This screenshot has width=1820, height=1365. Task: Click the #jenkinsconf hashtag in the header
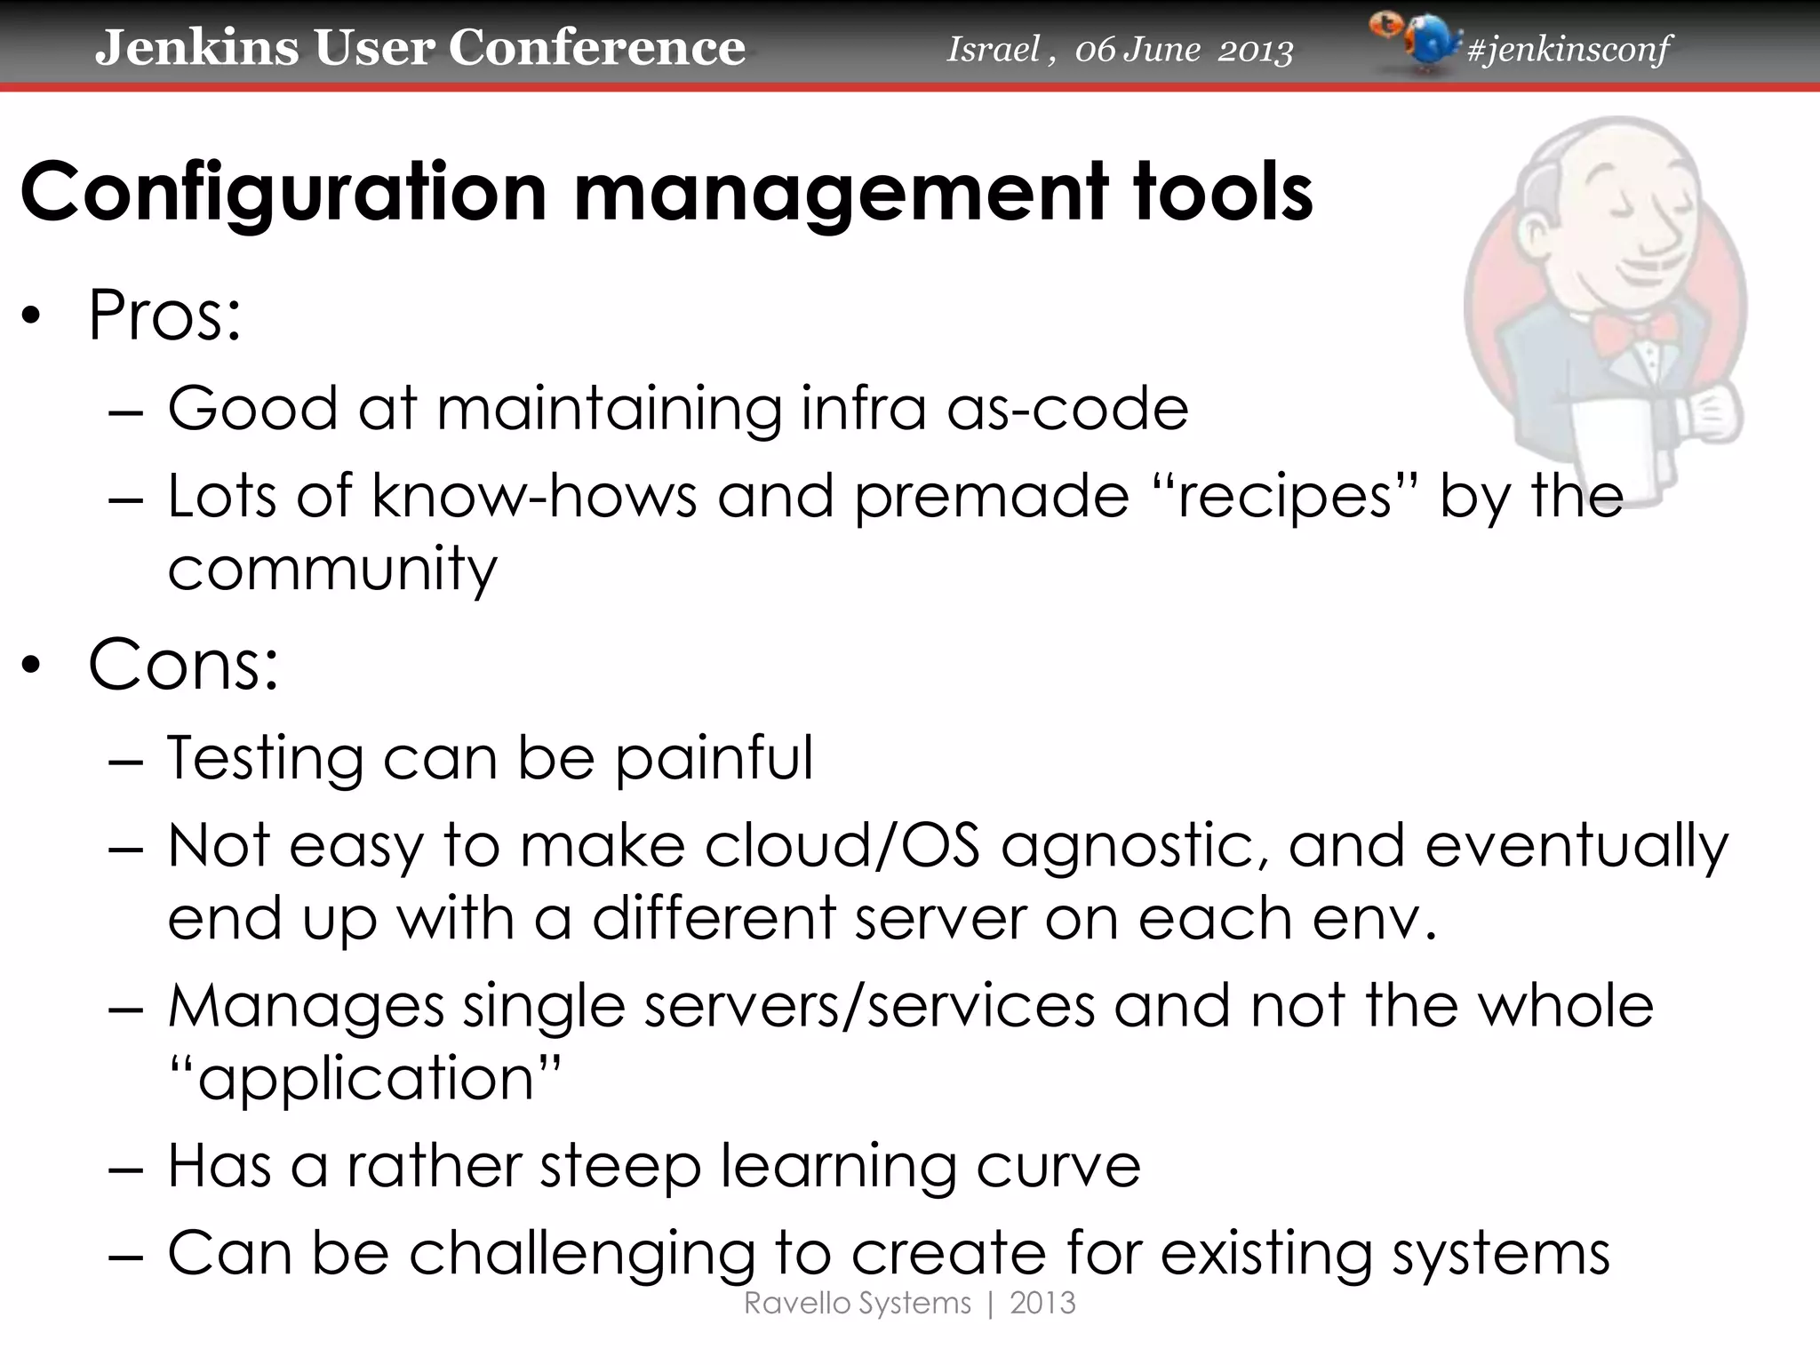[x=1569, y=49]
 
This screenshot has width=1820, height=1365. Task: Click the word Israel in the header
[x=993, y=49]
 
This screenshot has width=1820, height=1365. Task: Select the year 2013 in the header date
[x=1255, y=51]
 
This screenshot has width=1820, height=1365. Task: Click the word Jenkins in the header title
[x=196, y=47]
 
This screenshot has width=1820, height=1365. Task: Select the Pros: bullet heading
[x=164, y=315]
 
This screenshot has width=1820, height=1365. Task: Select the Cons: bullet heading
[x=183, y=664]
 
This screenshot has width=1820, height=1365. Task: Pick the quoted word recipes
[x=1284, y=496]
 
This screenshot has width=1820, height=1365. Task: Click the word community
[x=332, y=570]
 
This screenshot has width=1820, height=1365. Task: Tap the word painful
[x=714, y=758]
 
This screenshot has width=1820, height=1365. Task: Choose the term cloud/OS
[x=842, y=845]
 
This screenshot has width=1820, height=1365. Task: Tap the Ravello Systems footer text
[x=857, y=1304]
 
